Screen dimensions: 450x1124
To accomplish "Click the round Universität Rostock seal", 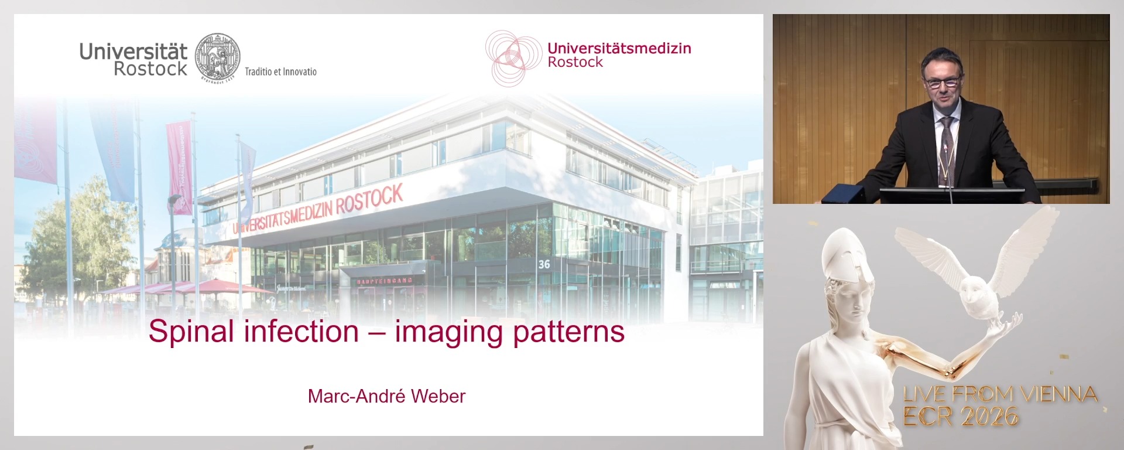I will pos(217,57).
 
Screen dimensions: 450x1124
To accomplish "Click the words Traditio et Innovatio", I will pos(280,71).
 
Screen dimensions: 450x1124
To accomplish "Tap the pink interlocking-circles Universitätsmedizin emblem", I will pos(512,57).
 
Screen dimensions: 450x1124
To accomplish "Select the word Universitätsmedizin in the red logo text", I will pos(619,48).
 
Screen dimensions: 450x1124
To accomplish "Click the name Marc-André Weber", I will pos(386,396).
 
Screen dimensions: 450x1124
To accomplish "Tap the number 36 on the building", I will pos(544,264).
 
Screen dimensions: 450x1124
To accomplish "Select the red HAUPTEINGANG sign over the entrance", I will pos(384,281).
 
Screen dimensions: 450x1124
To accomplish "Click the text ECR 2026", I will pos(960,417).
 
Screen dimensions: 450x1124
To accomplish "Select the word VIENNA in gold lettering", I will pos(1058,394).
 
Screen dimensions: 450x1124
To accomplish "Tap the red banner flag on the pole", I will pos(179,167).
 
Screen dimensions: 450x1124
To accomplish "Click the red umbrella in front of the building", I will pos(217,287).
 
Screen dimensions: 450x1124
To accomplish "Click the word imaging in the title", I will pos(448,332).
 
